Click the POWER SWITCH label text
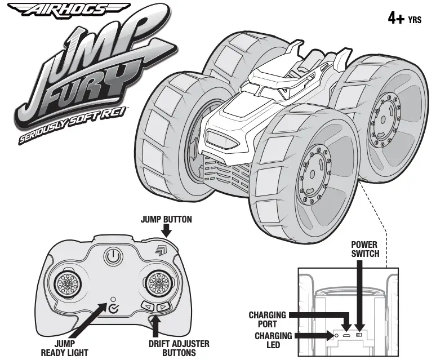tap(366, 249)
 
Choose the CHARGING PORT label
tap(268, 319)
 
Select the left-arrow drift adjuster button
tap(148, 307)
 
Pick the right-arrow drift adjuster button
tap(162, 307)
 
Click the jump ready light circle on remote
tap(113, 299)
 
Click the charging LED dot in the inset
tap(336, 336)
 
